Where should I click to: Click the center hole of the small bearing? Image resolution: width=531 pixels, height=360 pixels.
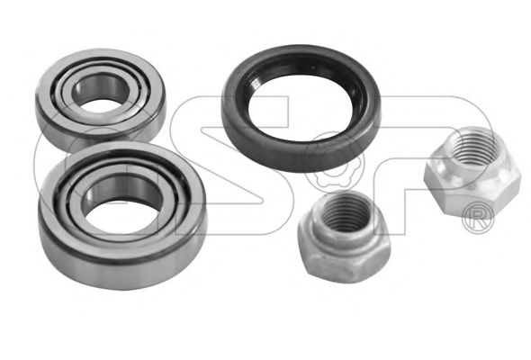(101, 92)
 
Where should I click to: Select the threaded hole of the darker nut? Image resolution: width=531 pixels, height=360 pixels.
(344, 212)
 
